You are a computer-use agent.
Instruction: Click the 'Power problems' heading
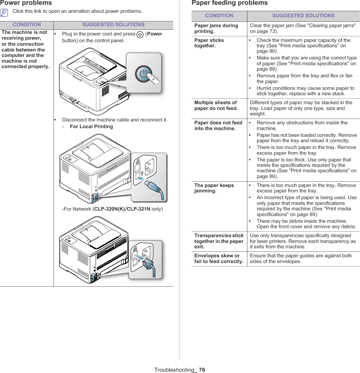[x=26, y=3]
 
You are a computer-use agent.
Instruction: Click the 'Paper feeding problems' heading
[x=230, y=3]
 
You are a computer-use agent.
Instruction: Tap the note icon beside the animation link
[x=4, y=12]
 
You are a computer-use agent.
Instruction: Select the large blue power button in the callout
[x=144, y=74]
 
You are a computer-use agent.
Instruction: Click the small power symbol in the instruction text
[x=140, y=34]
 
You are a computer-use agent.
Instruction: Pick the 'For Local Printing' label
[x=91, y=127]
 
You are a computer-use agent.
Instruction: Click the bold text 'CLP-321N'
[x=138, y=209]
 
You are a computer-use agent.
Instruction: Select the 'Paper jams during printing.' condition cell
[x=216, y=28]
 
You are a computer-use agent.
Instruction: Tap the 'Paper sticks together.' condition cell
[x=209, y=43]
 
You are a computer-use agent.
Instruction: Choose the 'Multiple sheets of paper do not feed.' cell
[x=216, y=105]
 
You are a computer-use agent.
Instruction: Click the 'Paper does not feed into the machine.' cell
[x=218, y=126]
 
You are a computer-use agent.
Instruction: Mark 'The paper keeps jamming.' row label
[x=214, y=188]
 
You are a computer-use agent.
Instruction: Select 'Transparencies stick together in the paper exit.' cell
[x=219, y=241]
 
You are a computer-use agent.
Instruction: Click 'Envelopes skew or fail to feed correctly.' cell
[x=219, y=259]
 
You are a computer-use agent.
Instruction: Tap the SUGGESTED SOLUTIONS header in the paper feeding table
[x=303, y=16]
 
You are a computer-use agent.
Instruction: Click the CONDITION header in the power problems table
[x=27, y=25]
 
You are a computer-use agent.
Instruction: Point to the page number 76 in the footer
[x=202, y=370]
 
